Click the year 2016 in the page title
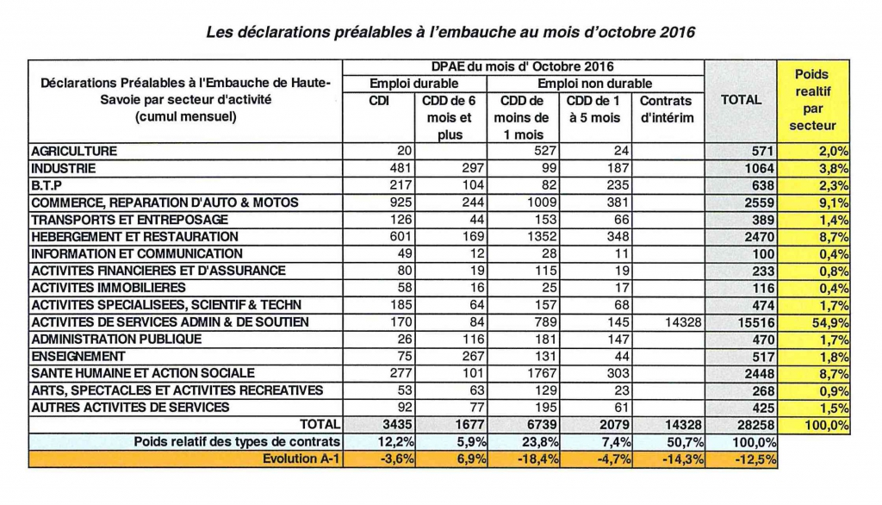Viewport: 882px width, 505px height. point(677,32)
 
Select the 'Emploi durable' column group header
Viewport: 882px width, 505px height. point(414,84)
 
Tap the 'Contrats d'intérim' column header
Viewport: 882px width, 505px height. point(666,109)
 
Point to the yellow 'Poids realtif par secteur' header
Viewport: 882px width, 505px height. point(812,100)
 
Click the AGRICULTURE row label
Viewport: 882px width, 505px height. point(74,152)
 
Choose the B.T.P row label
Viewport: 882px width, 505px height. point(47,185)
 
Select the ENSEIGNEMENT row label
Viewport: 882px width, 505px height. point(78,357)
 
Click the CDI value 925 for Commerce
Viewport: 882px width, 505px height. point(401,203)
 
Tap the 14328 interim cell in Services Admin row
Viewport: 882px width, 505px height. point(682,322)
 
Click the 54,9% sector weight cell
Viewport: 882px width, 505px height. point(829,322)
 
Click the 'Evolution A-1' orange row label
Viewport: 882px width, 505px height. point(301,458)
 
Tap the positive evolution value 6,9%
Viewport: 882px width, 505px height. point(471,458)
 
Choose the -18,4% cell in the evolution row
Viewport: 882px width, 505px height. point(537,458)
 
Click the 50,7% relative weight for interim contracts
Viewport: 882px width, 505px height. point(683,442)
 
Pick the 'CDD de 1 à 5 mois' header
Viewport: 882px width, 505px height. point(593,109)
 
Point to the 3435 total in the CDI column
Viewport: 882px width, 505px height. point(398,425)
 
